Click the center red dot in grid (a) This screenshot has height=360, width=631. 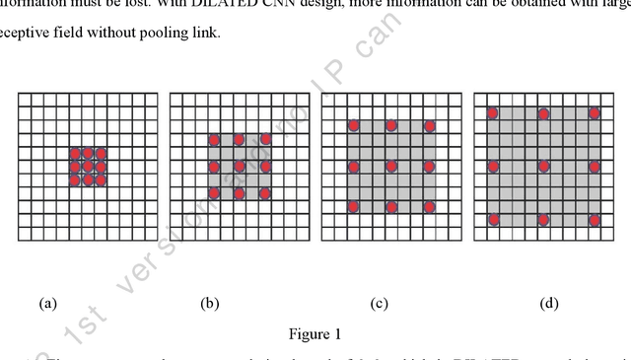click(x=88, y=167)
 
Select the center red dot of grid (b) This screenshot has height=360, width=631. click(x=239, y=167)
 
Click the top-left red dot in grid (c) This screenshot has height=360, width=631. click(x=352, y=126)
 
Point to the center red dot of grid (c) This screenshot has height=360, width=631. click(x=390, y=166)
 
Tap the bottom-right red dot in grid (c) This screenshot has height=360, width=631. click(x=429, y=207)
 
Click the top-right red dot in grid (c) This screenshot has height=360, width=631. click(x=429, y=126)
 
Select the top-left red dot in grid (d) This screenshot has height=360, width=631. click(x=492, y=113)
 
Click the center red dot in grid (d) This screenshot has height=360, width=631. click(x=543, y=166)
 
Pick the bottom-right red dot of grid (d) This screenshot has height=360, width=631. click(x=595, y=219)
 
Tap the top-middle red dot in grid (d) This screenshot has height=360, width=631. click(x=543, y=113)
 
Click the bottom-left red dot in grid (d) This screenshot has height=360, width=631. click(x=492, y=219)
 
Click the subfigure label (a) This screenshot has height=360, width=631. click(x=47, y=304)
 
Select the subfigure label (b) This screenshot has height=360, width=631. click(x=209, y=304)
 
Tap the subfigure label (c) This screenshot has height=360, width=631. click(x=380, y=304)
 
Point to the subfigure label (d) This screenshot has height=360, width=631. click(x=549, y=304)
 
